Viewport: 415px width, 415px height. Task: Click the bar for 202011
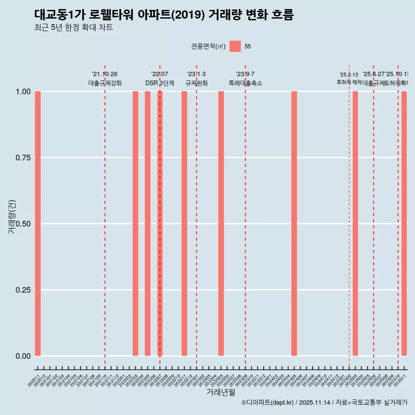tap(38, 223)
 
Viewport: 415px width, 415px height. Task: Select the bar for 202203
tap(135, 223)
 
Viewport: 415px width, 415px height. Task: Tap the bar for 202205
tap(147, 223)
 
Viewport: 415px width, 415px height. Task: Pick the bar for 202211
tap(184, 223)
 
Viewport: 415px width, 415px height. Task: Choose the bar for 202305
tap(221, 223)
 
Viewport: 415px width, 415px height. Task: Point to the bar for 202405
tap(294, 223)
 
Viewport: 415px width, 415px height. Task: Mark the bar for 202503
tap(355, 223)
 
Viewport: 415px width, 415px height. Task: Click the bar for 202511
tap(404, 223)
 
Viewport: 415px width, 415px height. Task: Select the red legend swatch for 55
tap(235, 46)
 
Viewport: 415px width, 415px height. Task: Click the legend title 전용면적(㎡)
tap(208, 46)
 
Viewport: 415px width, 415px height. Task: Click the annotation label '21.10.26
tap(105, 74)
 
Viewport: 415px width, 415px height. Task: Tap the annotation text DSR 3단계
tap(160, 83)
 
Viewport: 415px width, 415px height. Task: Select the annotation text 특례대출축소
tap(245, 83)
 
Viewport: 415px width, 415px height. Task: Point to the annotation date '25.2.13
tap(349, 75)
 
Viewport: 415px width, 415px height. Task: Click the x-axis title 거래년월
tap(220, 393)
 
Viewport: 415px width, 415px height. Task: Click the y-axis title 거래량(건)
tap(12, 217)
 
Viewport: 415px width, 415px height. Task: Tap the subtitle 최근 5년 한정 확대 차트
tap(73, 28)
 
